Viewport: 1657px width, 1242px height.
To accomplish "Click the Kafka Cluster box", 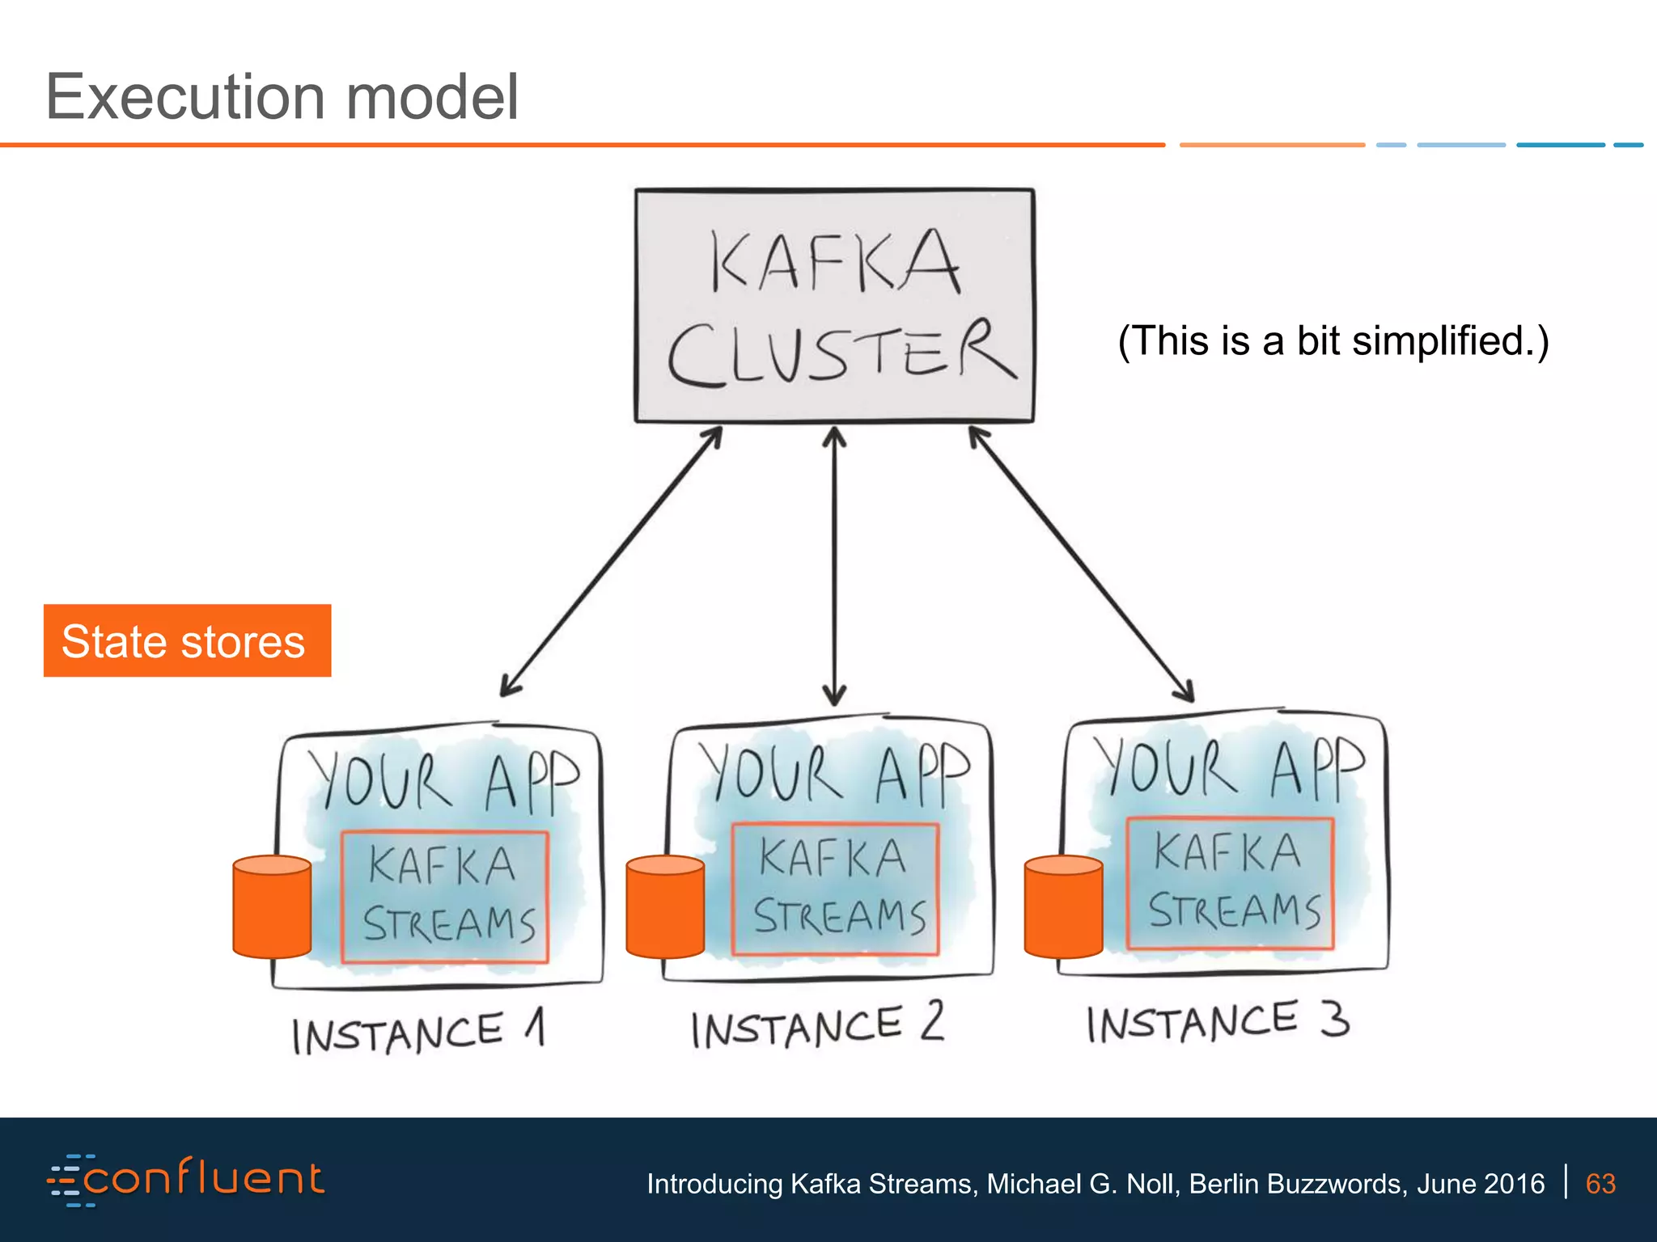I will coord(834,306).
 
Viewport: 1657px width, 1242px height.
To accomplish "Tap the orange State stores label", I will coord(187,640).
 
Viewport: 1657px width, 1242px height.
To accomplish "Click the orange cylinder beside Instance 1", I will coord(272,907).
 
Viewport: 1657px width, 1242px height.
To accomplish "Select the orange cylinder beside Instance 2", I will coord(665,907).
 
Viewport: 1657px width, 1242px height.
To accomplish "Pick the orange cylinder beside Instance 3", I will coord(1063,907).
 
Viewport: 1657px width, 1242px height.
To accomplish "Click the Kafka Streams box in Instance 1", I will coord(445,897).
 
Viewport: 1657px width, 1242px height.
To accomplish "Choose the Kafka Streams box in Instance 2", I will coord(835,889).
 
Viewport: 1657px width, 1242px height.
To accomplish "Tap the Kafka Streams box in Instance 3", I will coord(1230,883).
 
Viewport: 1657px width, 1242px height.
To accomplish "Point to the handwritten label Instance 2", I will coord(817,1025).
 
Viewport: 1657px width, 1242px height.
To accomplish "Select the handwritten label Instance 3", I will coord(1218,1021).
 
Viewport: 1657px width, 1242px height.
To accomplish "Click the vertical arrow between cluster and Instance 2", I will coord(834,566).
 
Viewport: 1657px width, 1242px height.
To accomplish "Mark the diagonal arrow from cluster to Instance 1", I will coord(611,562).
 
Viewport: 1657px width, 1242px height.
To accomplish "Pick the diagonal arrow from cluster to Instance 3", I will coord(1081,564).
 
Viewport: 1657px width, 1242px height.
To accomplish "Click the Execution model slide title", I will coord(282,97).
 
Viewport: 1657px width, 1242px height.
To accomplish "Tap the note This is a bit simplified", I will coord(1333,340).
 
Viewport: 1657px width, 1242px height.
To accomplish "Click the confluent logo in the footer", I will coord(186,1180).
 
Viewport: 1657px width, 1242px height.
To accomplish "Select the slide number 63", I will coord(1600,1184).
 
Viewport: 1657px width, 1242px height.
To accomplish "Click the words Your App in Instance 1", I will coord(443,781).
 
